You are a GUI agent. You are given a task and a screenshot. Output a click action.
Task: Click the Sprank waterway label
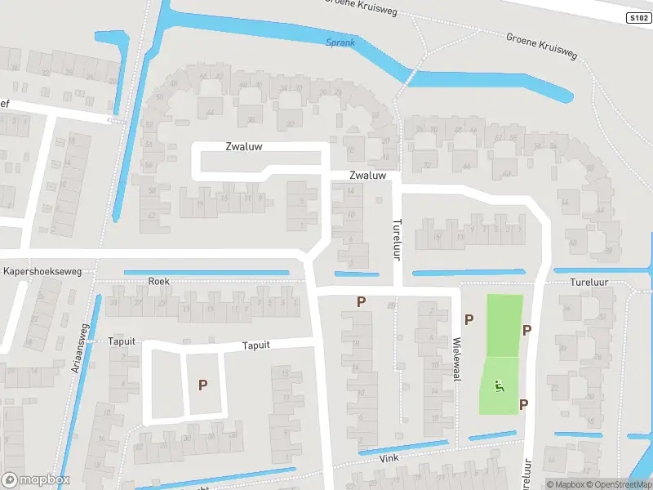point(340,42)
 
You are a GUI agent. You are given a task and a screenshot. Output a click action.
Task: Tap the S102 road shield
point(638,17)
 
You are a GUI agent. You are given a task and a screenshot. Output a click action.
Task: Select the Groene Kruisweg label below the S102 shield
point(541,47)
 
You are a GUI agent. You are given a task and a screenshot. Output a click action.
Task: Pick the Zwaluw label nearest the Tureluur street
point(366,176)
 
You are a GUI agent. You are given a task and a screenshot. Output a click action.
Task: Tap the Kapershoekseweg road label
point(42,271)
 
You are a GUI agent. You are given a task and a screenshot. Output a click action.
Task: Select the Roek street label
point(158,281)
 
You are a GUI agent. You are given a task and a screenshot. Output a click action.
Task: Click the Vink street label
point(389,459)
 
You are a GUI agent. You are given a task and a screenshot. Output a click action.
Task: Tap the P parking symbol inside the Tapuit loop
point(203,384)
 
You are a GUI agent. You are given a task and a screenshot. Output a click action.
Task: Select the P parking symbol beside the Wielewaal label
point(469,320)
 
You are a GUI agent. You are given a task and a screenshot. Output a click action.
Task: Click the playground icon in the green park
point(500,386)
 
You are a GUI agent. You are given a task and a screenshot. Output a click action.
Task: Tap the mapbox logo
point(35,480)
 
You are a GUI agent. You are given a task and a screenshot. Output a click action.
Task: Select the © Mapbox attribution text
point(564,484)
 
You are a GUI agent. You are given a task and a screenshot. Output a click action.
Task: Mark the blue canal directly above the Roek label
point(206,272)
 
